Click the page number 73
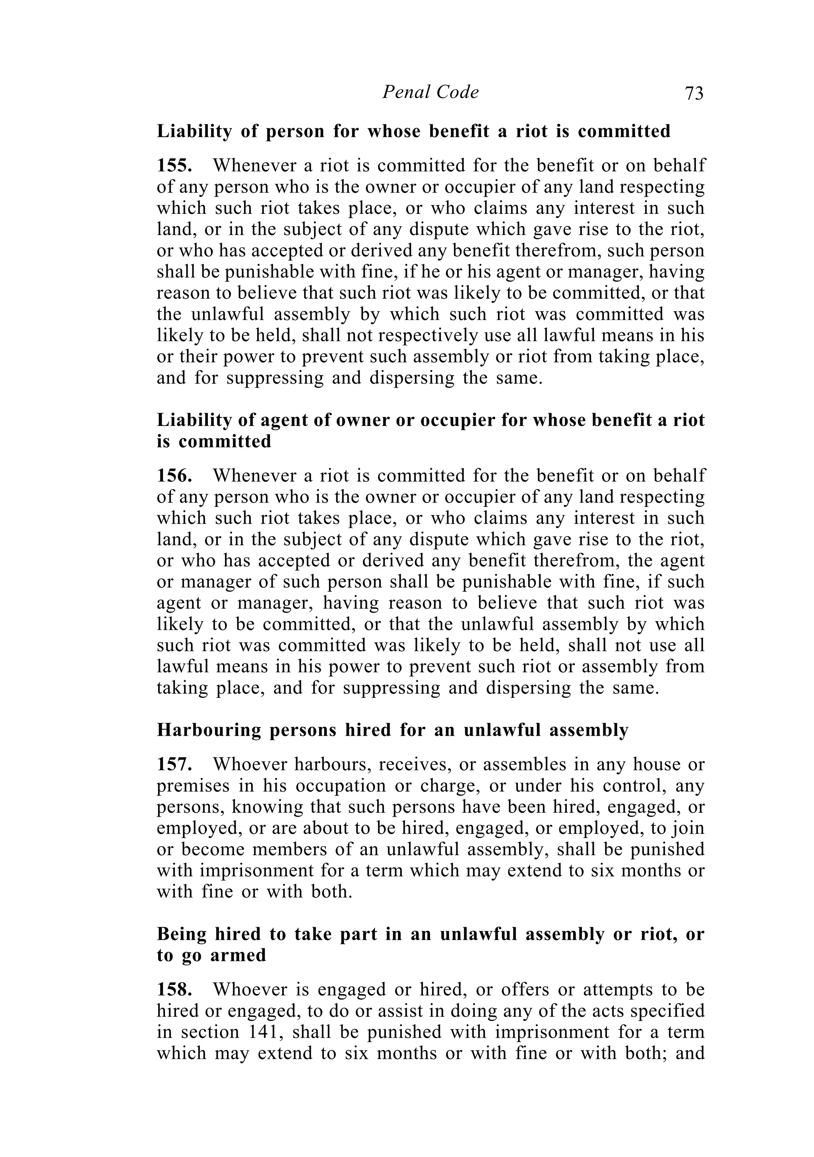coord(694,93)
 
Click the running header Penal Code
coord(430,92)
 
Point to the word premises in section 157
coord(187,786)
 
